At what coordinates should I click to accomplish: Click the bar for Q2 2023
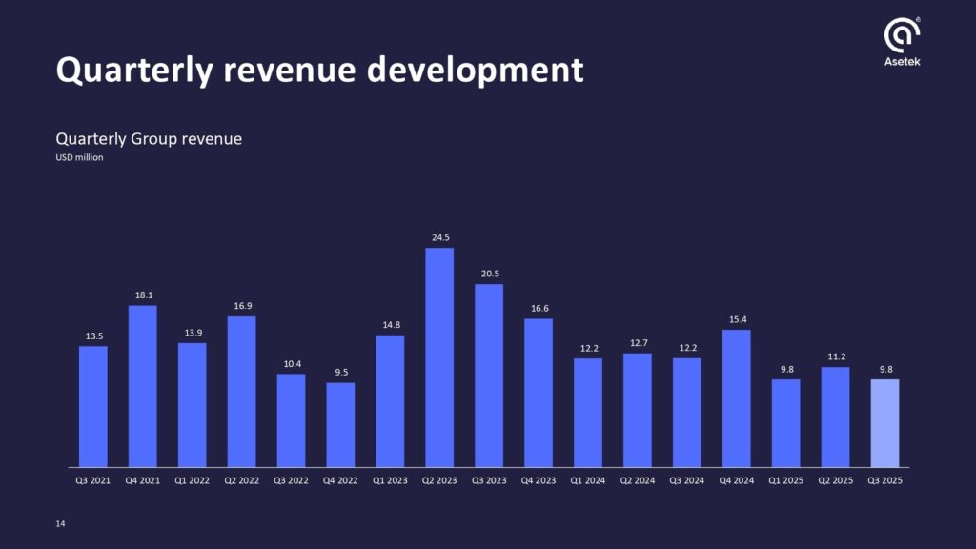[x=439, y=357]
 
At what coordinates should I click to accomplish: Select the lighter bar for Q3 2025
[x=884, y=423]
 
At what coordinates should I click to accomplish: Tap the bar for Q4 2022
[x=340, y=425]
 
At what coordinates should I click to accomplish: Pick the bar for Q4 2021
[x=142, y=386]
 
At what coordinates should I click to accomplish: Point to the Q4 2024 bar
[x=737, y=398]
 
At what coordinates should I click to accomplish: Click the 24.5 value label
[x=439, y=237]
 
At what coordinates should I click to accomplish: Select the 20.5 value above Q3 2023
[x=489, y=274]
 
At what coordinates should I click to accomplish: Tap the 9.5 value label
[x=340, y=373]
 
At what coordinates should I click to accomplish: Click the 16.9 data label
[x=241, y=306]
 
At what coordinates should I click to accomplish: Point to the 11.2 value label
[x=835, y=356]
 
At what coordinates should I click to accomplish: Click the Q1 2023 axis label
[x=390, y=481]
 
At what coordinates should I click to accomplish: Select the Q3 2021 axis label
[x=92, y=481]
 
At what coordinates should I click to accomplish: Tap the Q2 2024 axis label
[x=638, y=481]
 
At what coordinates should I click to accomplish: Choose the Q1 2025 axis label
[x=786, y=481]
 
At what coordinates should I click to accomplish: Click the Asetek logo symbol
[x=902, y=35]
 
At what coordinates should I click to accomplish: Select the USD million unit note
[x=79, y=158]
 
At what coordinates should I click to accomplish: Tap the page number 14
[x=61, y=523]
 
